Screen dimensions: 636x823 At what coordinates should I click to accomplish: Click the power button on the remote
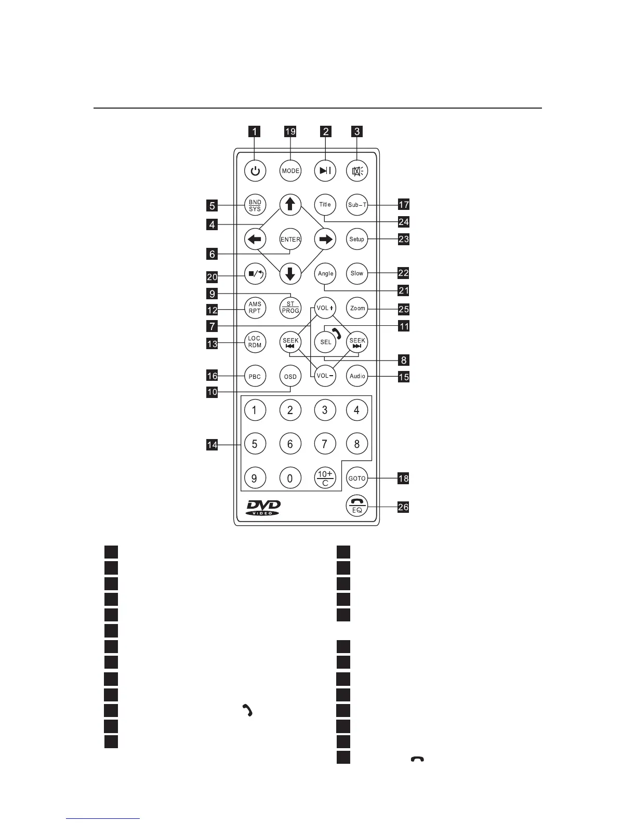pos(255,171)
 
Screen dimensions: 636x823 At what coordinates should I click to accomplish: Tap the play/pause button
pos(325,171)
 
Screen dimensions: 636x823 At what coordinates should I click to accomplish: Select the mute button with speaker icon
pos(357,171)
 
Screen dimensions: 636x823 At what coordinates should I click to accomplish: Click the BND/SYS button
pos(255,205)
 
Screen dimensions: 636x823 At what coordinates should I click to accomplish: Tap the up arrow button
pos(290,204)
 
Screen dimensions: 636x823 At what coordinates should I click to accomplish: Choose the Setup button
pos(357,239)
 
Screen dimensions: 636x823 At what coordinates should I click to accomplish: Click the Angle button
pos(325,273)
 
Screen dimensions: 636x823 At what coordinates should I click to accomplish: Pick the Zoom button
pos(357,308)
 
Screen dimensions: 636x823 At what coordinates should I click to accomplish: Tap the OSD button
pos(290,377)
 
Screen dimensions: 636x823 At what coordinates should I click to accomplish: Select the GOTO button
pos(357,478)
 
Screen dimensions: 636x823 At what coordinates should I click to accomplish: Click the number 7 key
pos(325,444)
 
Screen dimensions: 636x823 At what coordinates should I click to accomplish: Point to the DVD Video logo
pos(262,508)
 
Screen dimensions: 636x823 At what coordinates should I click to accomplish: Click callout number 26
pos(403,507)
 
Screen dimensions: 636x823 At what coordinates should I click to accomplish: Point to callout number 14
pos(212,445)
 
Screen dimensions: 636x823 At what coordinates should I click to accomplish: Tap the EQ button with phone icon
pos(357,506)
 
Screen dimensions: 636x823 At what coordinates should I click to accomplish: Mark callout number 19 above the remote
pos(290,131)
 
